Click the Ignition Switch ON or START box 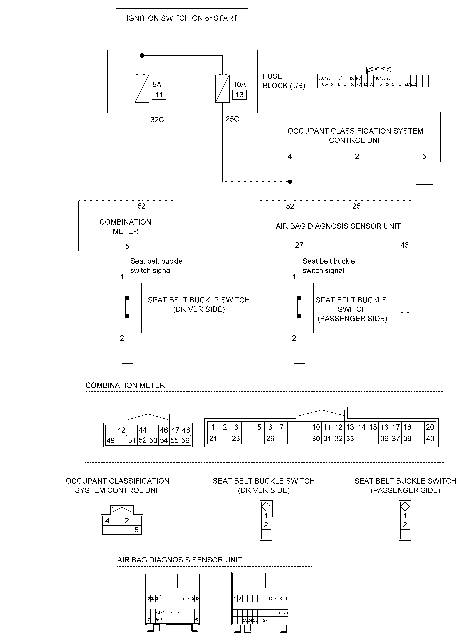point(182,18)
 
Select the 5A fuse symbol point(142,89)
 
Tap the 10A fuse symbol point(222,89)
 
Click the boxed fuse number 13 point(239,95)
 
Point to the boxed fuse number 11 point(159,95)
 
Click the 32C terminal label point(157,120)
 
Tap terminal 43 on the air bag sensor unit point(405,245)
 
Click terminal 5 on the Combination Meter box point(127,246)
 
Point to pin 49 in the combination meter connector point(110,440)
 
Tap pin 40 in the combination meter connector point(430,439)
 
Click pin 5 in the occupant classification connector point(137,530)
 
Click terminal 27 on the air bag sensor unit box point(299,245)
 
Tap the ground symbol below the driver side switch point(127,363)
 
